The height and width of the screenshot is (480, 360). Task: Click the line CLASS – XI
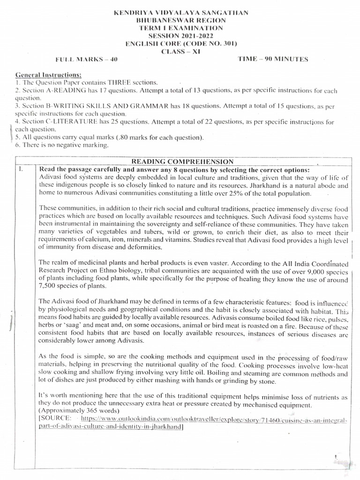tap(181, 52)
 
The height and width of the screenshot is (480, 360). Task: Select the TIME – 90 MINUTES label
tap(273, 59)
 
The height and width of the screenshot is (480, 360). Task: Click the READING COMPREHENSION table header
tap(182, 161)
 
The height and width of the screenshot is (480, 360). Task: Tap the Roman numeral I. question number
tap(20, 169)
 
